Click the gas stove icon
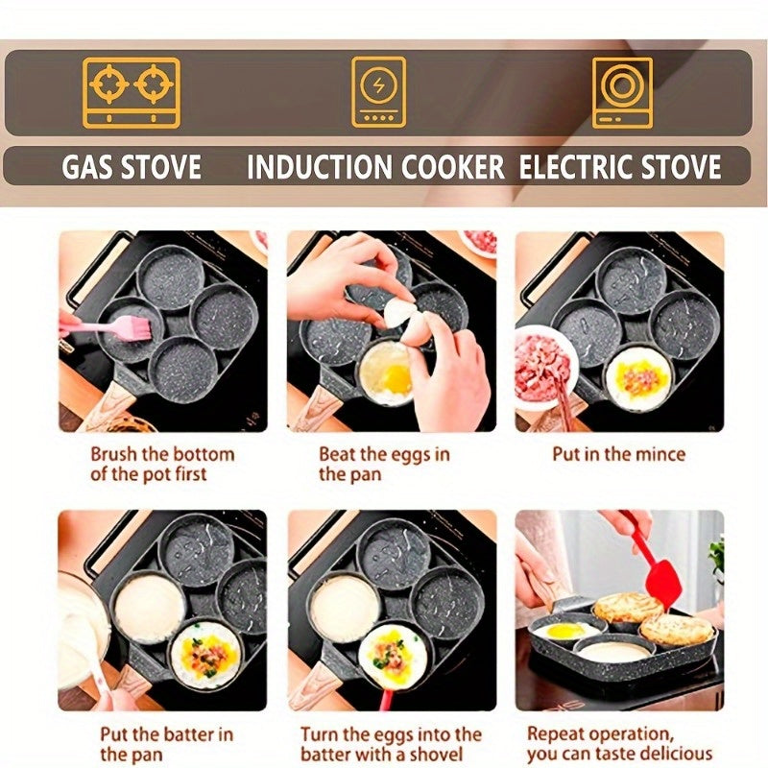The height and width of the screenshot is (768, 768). [x=131, y=92]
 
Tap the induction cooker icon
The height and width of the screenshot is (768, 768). [x=377, y=92]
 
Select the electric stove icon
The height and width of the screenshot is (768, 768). [x=621, y=92]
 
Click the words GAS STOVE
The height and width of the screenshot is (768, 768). [x=132, y=167]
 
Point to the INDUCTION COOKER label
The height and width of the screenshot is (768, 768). [x=375, y=167]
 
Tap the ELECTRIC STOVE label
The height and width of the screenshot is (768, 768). [x=620, y=167]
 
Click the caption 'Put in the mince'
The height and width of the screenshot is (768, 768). [x=619, y=454]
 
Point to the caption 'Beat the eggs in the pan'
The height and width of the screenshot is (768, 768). [x=384, y=464]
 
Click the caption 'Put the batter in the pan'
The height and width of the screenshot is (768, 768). [x=166, y=744]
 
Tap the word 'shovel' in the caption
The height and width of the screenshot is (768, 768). [x=435, y=755]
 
